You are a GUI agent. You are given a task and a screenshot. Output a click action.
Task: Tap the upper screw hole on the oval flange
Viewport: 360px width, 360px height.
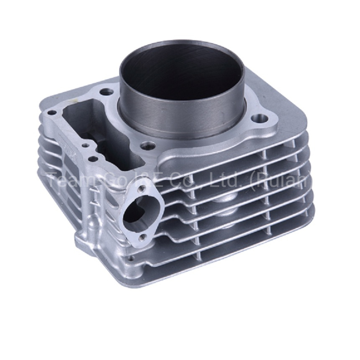[142, 189]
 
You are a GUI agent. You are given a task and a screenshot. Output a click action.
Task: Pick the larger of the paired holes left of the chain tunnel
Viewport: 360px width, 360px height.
[93, 159]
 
